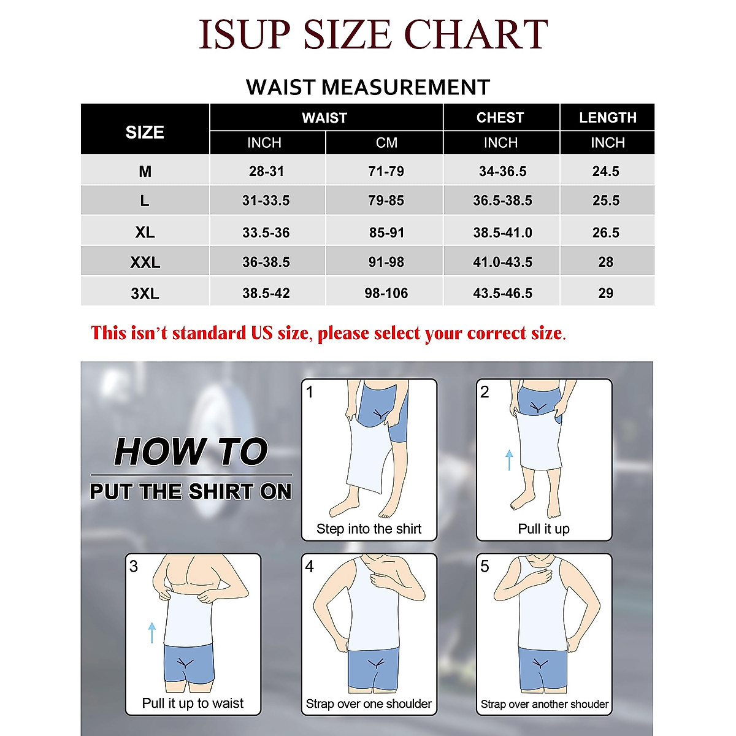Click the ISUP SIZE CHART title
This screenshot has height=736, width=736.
click(x=373, y=34)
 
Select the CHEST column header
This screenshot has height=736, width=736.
click(x=500, y=118)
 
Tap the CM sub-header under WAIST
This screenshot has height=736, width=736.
click(x=386, y=143)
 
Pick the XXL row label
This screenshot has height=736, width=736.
click(x=145, y=263)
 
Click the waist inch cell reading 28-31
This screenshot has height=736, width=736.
click(x=266, y=172)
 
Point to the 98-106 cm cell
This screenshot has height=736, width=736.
click(x=386, y=293)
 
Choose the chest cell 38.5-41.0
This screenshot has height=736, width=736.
click(x=502, y=233)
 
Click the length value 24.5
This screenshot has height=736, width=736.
click(x=606, y=172)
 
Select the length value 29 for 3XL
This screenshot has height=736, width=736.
click(x=606, y=293)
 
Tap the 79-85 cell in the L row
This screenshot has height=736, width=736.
click(x=386, y=201)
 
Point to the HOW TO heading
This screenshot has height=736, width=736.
click(x=191, y=452)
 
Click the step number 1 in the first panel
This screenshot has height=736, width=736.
click(x=310, y=392)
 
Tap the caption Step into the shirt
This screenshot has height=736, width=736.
click(x=369, y=529)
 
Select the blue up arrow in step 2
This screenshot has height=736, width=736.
click(x=509, y=459)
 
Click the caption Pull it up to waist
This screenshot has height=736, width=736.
click(x=193, y=703)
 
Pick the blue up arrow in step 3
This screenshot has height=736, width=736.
click(x=152, y=632)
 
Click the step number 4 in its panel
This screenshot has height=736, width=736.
click(x=310, y=567)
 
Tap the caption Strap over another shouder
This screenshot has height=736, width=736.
click(x=545, y=704)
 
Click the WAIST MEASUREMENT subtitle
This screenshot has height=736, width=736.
click(x=368, y=87)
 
